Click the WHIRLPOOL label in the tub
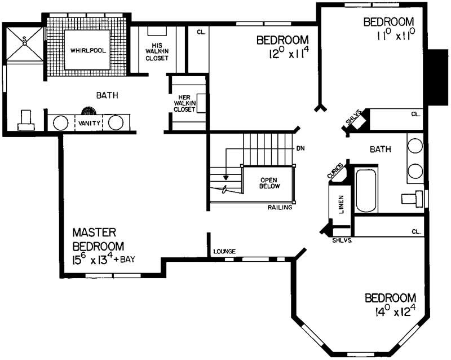click(x=88, y=50)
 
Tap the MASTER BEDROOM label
click(x=99, y=239)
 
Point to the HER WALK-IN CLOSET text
click(x=184, y=103)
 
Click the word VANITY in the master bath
click(x=90, y=122)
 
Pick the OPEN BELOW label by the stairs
click(x=268, y=183)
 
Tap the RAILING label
click(x=280, y=208)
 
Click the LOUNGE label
click(x=224, y=252)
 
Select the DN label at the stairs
click(x=300, y=149)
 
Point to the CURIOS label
click(x=335, y=170)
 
